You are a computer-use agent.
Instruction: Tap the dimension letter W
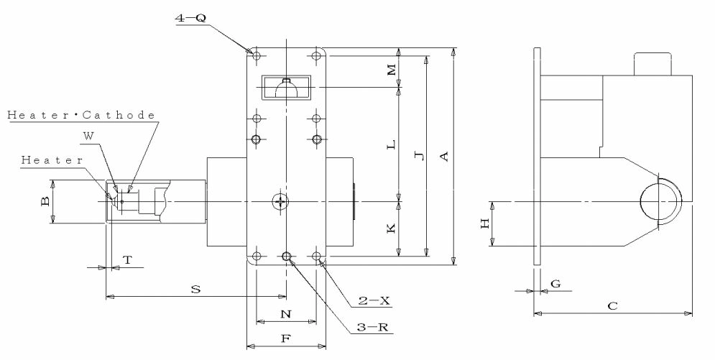(88, 134)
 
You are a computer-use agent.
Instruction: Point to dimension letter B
(45, 203)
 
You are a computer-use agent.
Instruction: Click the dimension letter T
(127, 260)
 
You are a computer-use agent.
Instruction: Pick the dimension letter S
(195, 289)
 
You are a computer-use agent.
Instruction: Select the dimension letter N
(285, 314)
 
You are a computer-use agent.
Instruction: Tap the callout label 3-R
(374, 327)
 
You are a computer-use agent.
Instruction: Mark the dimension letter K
(391, 229)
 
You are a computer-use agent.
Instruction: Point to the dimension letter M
(391, 70)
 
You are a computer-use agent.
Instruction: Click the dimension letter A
(445, 156)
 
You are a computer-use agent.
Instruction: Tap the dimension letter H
(485, 223)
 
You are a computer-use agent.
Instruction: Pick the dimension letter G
(555, 284)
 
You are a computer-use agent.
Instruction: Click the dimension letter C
(612, 306)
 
